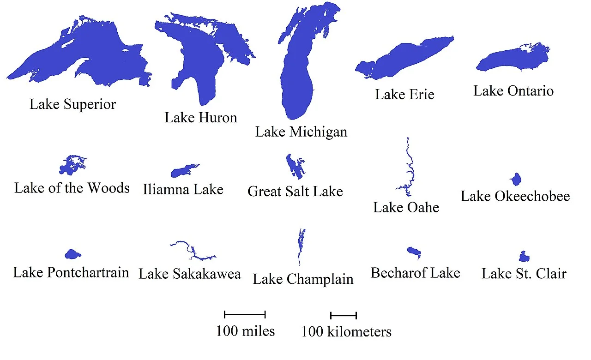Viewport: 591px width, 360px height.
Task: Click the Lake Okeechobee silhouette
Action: [x=516, y=179]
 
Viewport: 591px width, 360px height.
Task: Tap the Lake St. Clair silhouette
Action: [x=524, y=257]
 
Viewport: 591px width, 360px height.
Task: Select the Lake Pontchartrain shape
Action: [x=72, y=254]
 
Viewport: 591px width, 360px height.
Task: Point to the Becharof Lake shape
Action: [x=414, y=252]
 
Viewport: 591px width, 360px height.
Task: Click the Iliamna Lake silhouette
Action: [x=181, y=172]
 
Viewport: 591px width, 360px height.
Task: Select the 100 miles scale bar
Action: [x=245, y=315]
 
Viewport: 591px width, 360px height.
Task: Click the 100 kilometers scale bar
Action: [x=344, y=316]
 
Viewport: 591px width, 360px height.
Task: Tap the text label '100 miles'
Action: [x=245, y=331]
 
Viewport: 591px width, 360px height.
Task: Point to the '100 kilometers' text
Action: [x=346, y=331]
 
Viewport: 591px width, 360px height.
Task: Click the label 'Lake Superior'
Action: [x=72, y=104]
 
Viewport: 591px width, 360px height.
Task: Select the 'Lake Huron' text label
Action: [x=201, y=118]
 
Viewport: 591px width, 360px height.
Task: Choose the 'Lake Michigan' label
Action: [x=301, y=132]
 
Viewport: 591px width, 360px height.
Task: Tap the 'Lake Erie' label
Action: [x=404, y=95]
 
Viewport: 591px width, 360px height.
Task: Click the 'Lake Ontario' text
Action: [x=513, y=90]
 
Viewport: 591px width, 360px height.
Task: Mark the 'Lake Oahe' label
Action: [x=406, y=208]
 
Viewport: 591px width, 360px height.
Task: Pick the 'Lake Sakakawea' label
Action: [x=190, y=274]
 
